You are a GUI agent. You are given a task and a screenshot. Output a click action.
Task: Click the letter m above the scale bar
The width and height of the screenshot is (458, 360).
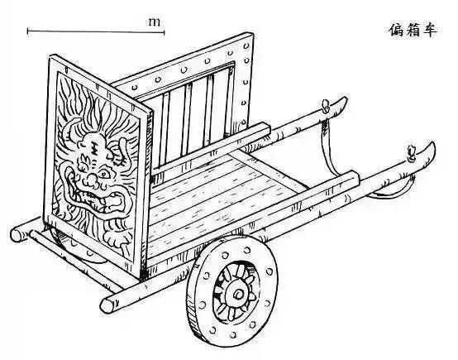(x=155, y=22)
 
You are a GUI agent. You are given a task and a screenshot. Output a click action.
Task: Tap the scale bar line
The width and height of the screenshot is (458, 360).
(x=96, y=31)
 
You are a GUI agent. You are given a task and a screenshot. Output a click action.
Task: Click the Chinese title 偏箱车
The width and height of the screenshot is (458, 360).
(x=413, y=30)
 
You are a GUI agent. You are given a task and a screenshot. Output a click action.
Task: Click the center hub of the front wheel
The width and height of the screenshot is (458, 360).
(x=239, y=295)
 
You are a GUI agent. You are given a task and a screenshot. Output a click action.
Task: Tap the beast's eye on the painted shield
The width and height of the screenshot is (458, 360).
(x=103, y=175)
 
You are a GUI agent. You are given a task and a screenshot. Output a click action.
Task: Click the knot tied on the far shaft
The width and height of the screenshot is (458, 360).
(x=326, y=106)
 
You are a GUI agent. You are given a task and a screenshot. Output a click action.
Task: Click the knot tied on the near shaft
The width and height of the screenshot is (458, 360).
(x=413, y=152)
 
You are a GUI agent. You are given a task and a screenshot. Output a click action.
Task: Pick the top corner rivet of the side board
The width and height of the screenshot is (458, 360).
(x=246, y=46)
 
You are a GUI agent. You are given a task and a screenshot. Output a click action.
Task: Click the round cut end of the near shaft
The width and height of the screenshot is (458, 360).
(x=107, y=305)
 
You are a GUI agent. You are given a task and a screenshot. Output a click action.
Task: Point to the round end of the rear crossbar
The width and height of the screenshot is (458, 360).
(x=16, y=235)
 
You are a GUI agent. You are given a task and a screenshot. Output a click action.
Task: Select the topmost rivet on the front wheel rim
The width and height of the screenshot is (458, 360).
(x=247, y=250)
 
